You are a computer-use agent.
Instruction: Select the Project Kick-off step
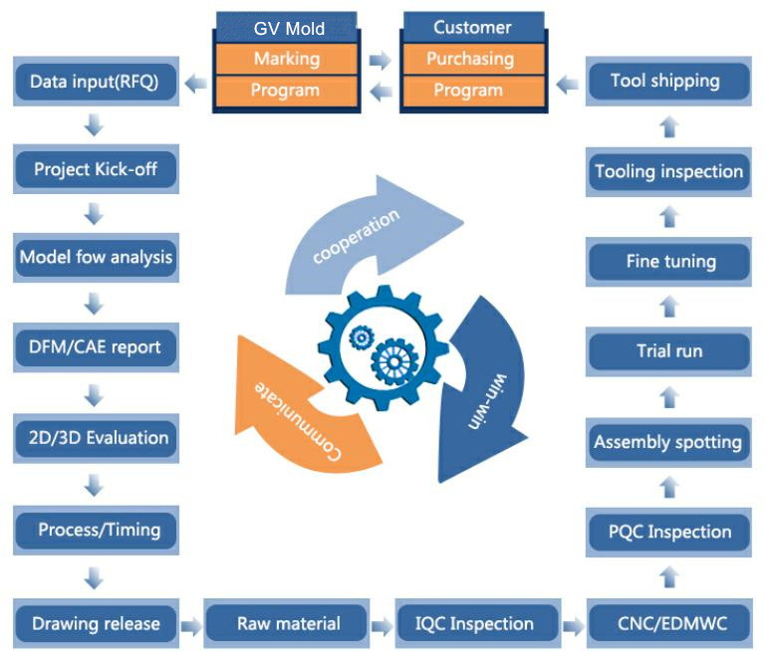pyautogui.click(x=96, y=169)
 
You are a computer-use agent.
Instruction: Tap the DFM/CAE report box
pyautogui.click(x=96, y=348)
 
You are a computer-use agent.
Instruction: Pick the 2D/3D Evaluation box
pyautogui.click(x=96, y=438)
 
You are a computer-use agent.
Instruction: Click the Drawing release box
pyautogui.click(x=96, y=624)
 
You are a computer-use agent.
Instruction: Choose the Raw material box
pyautogui.click(x=288, y=624)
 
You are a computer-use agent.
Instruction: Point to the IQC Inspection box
pyautogui.click(x=474, y=624)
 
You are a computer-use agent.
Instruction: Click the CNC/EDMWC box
pyautogui.click(x=668, y=624)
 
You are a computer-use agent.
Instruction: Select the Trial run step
pyautogui.click(x=668, y=350)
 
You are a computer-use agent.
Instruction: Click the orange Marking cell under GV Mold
pyautogui.click(x=285, y=59)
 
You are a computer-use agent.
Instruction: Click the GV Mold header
pyautogui.click(x=285, y=29)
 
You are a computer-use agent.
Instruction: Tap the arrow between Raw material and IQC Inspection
pyautogui.click(x=381, y=626)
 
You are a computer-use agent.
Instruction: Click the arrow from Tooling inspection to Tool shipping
pyautogui.click(x=669, y=126)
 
